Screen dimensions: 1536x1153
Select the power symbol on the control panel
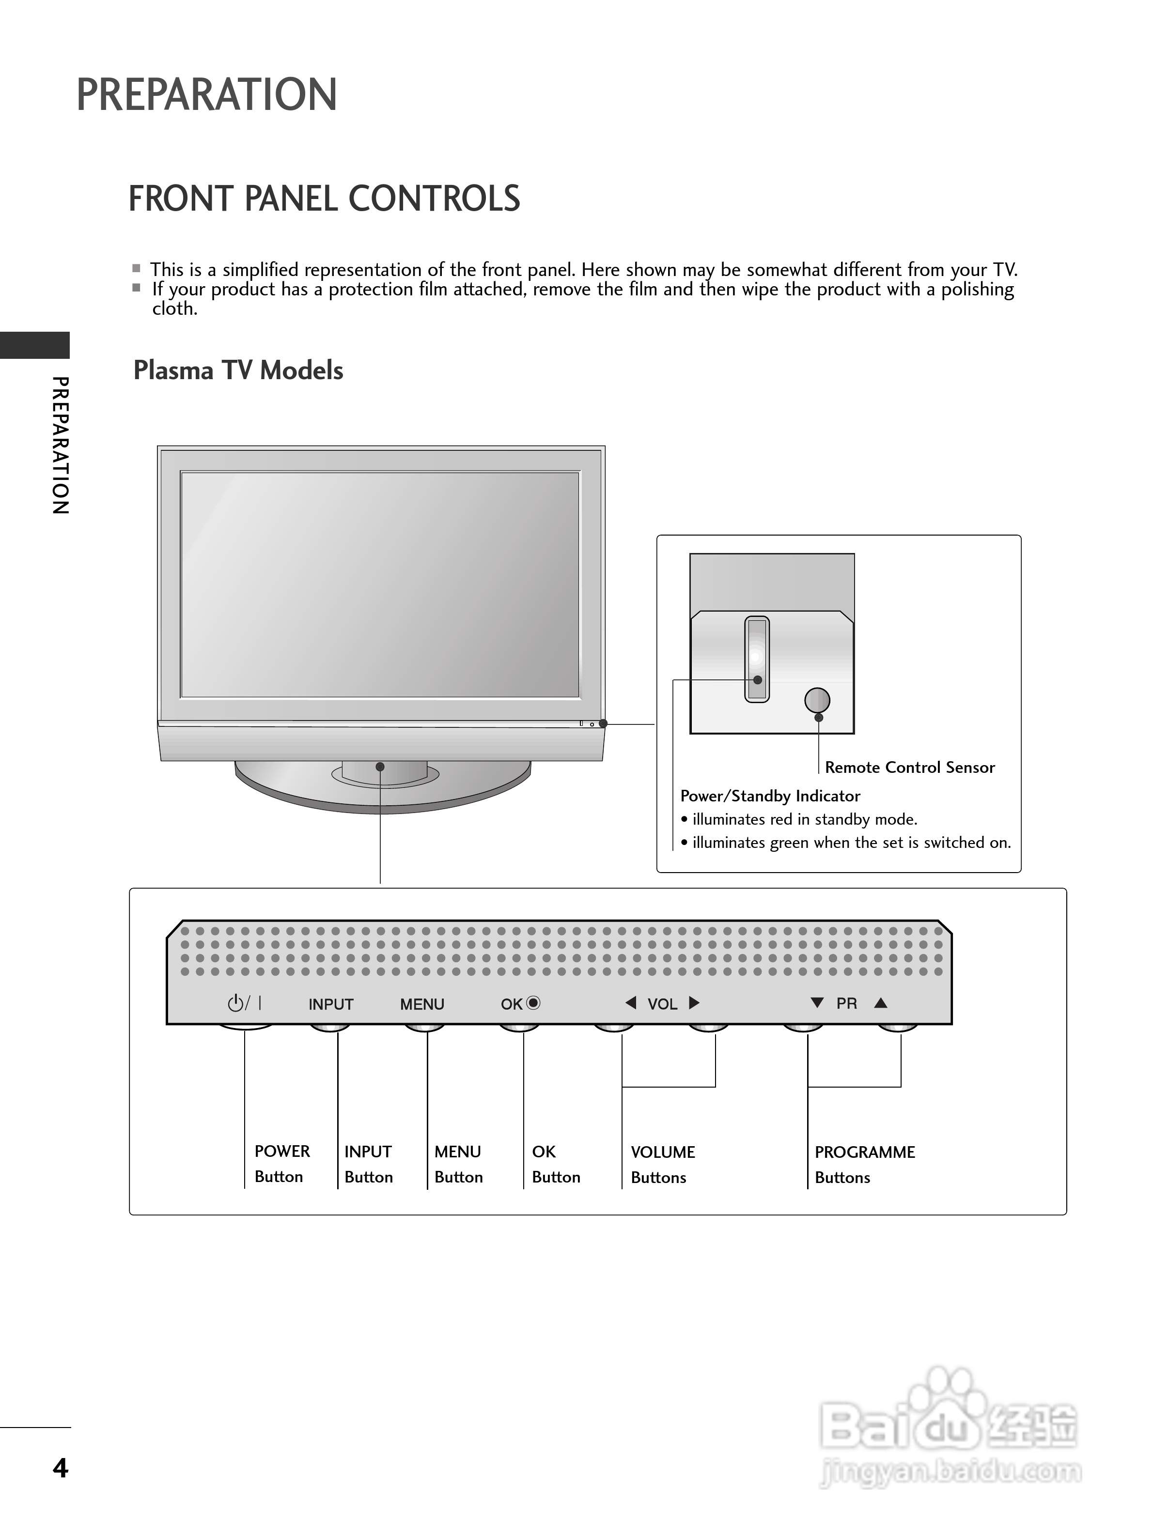236,1003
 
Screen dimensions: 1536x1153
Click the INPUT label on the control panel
330,1004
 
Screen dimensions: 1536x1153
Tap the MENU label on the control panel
421,1004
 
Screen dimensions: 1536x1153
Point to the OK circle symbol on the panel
533,1003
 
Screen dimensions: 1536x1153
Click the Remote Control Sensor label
909,768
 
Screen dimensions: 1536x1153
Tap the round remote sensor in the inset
817,700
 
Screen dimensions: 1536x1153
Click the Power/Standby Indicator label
770,796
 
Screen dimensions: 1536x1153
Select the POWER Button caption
281,1164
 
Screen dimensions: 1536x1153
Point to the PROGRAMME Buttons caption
864,1165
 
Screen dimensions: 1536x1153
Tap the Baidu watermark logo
949,1427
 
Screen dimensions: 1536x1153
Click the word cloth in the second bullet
174,308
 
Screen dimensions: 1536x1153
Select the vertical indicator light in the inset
756,658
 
